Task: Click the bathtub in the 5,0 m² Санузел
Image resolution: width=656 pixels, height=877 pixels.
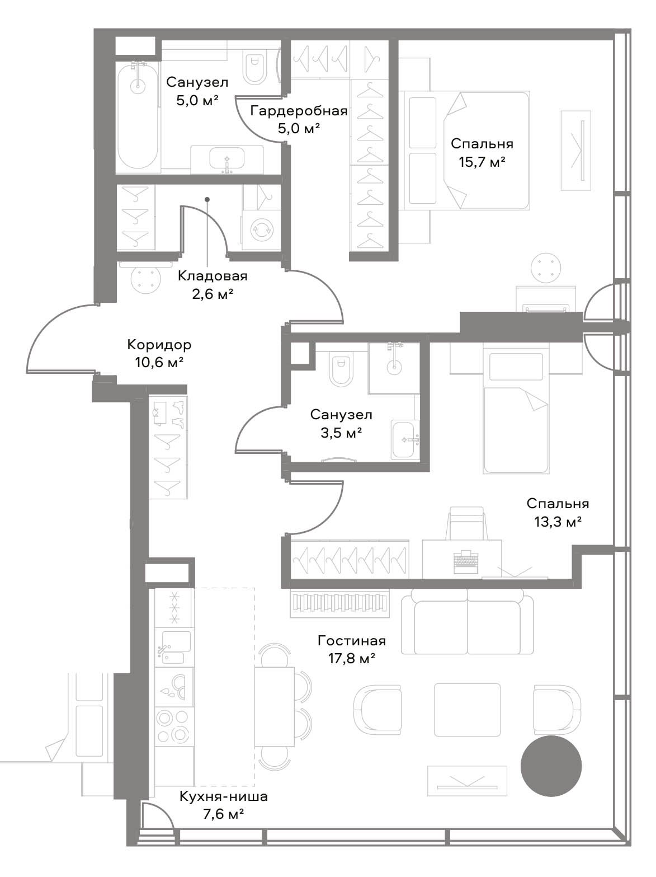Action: pyautogui.click(x=138, y=116)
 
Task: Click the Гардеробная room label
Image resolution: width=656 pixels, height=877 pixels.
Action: pyautogui.click(x=299, y=111)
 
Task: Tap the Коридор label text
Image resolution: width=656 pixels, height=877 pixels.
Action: pyautogui.click(x=159, y=344)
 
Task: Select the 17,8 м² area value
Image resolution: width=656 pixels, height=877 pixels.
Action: pyautogui.click(x=352, y=659)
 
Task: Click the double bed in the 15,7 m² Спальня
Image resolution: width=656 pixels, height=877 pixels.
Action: pyautogui.click(x=465, y=151)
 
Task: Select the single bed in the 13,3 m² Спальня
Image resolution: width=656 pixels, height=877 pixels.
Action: pyautogui.click(x=516, y=410)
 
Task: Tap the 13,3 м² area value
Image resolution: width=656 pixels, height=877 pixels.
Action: pyautogui.click(x=558, y=522)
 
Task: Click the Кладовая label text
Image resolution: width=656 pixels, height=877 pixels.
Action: pyautogui.click(x=213, y=276)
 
